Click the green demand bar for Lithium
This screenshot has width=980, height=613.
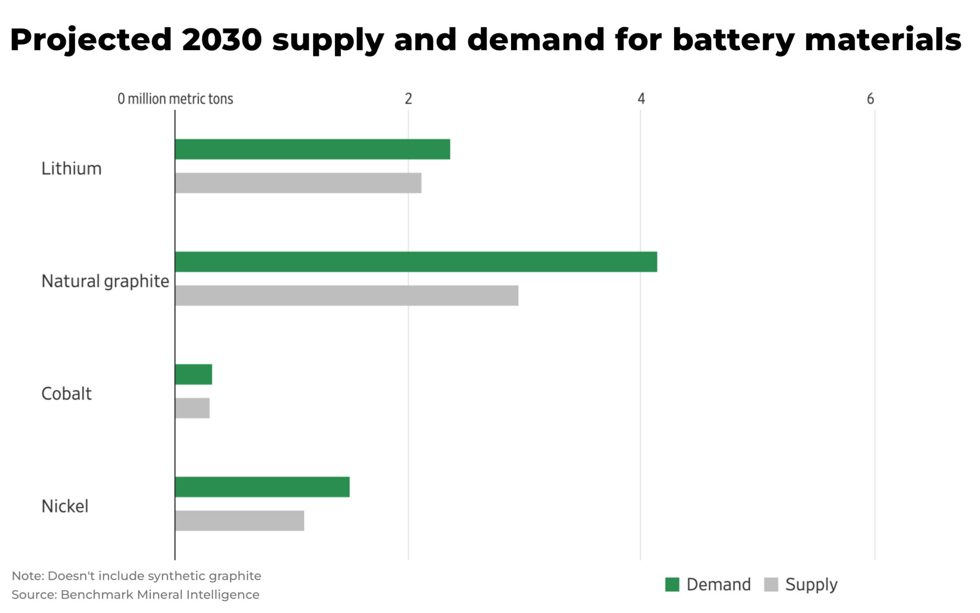click(312, 149)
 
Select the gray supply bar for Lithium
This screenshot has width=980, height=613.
click(298, 183)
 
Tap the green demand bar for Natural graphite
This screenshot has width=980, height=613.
click(415, 262)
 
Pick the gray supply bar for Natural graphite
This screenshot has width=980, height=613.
click(346, 295)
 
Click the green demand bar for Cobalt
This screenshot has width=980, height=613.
click(193, 375)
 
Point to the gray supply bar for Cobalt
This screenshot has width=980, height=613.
click(192, 408)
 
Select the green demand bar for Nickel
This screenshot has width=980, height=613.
click(262, 487)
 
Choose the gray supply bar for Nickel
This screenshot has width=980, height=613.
click(239, 521)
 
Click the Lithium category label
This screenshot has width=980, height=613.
click(71, 169)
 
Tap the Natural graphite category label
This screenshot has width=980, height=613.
click(105, 281)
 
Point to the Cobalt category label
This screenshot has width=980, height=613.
click(66, 394)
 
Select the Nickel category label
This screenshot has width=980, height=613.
click(65, 506)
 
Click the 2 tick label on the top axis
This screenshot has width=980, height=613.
click(408, 99)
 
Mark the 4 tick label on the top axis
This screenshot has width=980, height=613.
click(641, 99)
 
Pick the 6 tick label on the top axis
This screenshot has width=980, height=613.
click(870, 99)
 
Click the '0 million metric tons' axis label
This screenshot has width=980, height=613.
click(175, 99)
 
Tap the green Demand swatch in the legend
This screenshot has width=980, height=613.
click(672, 585)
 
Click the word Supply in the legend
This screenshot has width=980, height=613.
click(811, 585)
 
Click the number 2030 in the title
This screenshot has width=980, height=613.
click(222, 40)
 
